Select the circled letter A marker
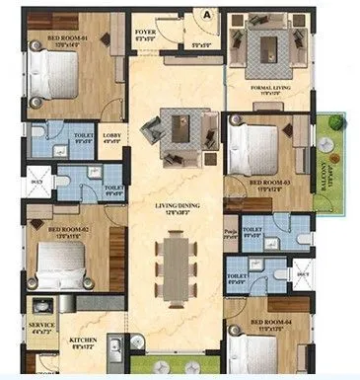208,14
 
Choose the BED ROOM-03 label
268,183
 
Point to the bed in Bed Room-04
254,355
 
